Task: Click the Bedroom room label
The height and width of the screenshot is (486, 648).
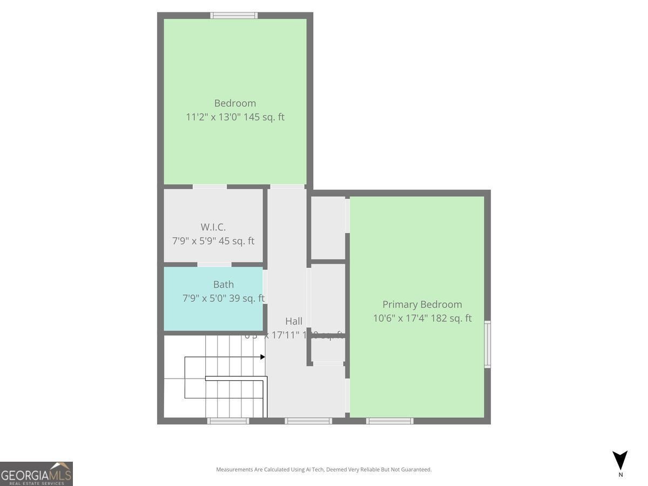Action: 235,103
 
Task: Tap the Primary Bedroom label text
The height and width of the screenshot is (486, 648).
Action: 422,305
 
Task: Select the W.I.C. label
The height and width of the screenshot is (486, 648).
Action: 213,227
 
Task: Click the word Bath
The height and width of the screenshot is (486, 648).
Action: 223,285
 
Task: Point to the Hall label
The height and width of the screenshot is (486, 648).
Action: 294,321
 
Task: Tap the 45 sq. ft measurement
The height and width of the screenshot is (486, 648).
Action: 236,241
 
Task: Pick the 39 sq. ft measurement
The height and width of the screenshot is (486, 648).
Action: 247,298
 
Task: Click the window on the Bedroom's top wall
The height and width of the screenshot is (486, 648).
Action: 234,16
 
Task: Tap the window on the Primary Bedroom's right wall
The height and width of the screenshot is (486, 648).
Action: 487,345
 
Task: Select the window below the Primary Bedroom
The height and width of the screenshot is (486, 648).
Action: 389,421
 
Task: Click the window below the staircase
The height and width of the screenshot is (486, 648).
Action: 228,421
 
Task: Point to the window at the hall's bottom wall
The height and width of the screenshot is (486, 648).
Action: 308,421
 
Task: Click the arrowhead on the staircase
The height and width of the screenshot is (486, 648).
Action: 262,357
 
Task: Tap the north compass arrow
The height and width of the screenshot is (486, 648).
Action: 620,460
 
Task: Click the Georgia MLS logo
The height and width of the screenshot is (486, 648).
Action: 36,474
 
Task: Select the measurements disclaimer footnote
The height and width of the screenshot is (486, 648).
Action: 323,470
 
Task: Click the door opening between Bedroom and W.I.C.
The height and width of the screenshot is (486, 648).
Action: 210,187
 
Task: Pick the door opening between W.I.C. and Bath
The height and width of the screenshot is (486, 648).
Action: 214,265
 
